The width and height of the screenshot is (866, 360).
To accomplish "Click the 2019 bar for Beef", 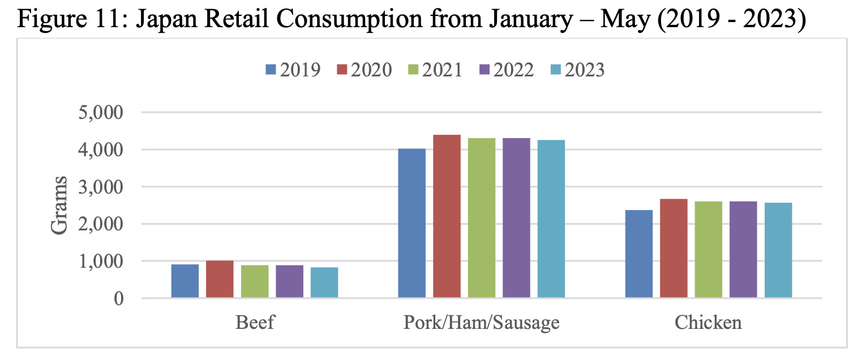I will [185, 281].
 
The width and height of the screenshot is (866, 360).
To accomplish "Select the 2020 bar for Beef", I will [220, 279].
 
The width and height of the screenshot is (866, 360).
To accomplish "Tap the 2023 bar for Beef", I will [324, 282].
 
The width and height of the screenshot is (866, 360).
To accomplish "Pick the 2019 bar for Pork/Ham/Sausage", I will [412, 223].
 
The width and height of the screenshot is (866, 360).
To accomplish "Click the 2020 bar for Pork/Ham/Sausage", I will [447, 216].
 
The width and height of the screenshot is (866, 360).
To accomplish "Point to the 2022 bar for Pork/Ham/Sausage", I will [516, 218].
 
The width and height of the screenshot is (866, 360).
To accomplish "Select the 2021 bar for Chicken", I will [709, 250].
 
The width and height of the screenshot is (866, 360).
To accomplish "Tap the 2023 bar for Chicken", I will [778, 250].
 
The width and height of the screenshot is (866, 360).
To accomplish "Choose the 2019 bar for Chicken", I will [639, 254].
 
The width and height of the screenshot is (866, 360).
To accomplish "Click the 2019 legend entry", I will [293, 70].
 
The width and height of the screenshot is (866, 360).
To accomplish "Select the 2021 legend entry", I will [435, 70].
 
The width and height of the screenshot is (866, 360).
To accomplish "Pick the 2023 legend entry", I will [577, 70].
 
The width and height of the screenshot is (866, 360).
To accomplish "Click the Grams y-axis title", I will [59, 205].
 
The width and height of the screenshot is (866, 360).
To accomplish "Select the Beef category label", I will [255, 323].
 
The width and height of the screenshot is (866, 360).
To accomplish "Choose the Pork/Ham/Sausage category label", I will [481, 323].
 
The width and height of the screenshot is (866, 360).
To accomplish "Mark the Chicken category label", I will [708, 323].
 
